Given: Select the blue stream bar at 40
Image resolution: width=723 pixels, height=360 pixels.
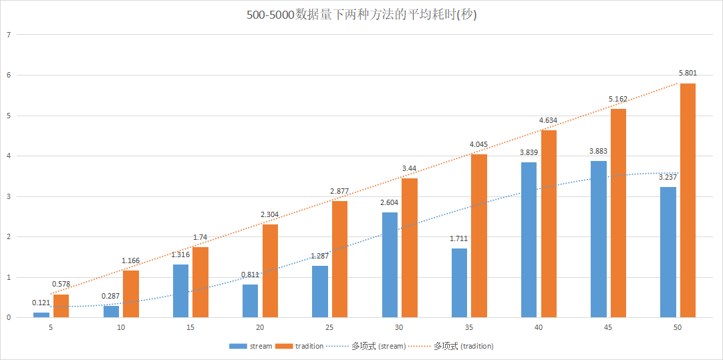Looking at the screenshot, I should click(x=529, y=240).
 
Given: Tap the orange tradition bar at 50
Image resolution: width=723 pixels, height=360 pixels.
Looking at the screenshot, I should click(x=688, y=200).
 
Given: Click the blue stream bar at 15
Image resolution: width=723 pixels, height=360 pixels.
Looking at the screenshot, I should click(x=180, y=291).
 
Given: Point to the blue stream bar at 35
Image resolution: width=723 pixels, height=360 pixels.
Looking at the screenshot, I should click(x=459, y=283).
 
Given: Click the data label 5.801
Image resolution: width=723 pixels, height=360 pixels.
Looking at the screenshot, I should click(x=688, y=73).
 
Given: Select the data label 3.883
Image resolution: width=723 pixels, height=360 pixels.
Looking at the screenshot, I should click(x=598, y=152).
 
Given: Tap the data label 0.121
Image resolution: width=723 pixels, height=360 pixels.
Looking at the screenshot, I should click(x=41, y=303).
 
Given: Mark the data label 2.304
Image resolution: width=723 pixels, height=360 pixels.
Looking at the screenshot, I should click(x=270, y=214).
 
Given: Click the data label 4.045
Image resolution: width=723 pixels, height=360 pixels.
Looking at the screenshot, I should click(x=478, y=144).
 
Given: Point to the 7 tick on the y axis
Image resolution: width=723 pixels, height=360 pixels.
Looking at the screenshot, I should click(x=9, y=35).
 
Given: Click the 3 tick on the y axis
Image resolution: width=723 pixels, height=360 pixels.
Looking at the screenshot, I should click(x=9, y=196).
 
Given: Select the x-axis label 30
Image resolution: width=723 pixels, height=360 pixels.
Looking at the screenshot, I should click(x=399, y=328).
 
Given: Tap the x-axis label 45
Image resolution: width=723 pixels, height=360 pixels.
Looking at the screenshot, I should click(x=608, y=328).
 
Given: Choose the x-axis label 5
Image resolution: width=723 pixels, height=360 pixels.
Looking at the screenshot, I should click(x=51, y=328).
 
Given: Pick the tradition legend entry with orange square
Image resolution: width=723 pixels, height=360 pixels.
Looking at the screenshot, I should click(x=300, y=346).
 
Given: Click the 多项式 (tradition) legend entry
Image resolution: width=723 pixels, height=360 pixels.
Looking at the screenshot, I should click(x=455, y=346).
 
